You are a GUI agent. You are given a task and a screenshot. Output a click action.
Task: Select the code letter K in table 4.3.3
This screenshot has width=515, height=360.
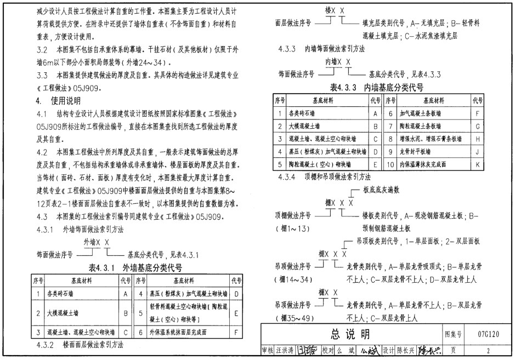(478, 164)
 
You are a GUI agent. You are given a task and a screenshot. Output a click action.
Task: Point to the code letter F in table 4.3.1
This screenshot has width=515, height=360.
(236, 332)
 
